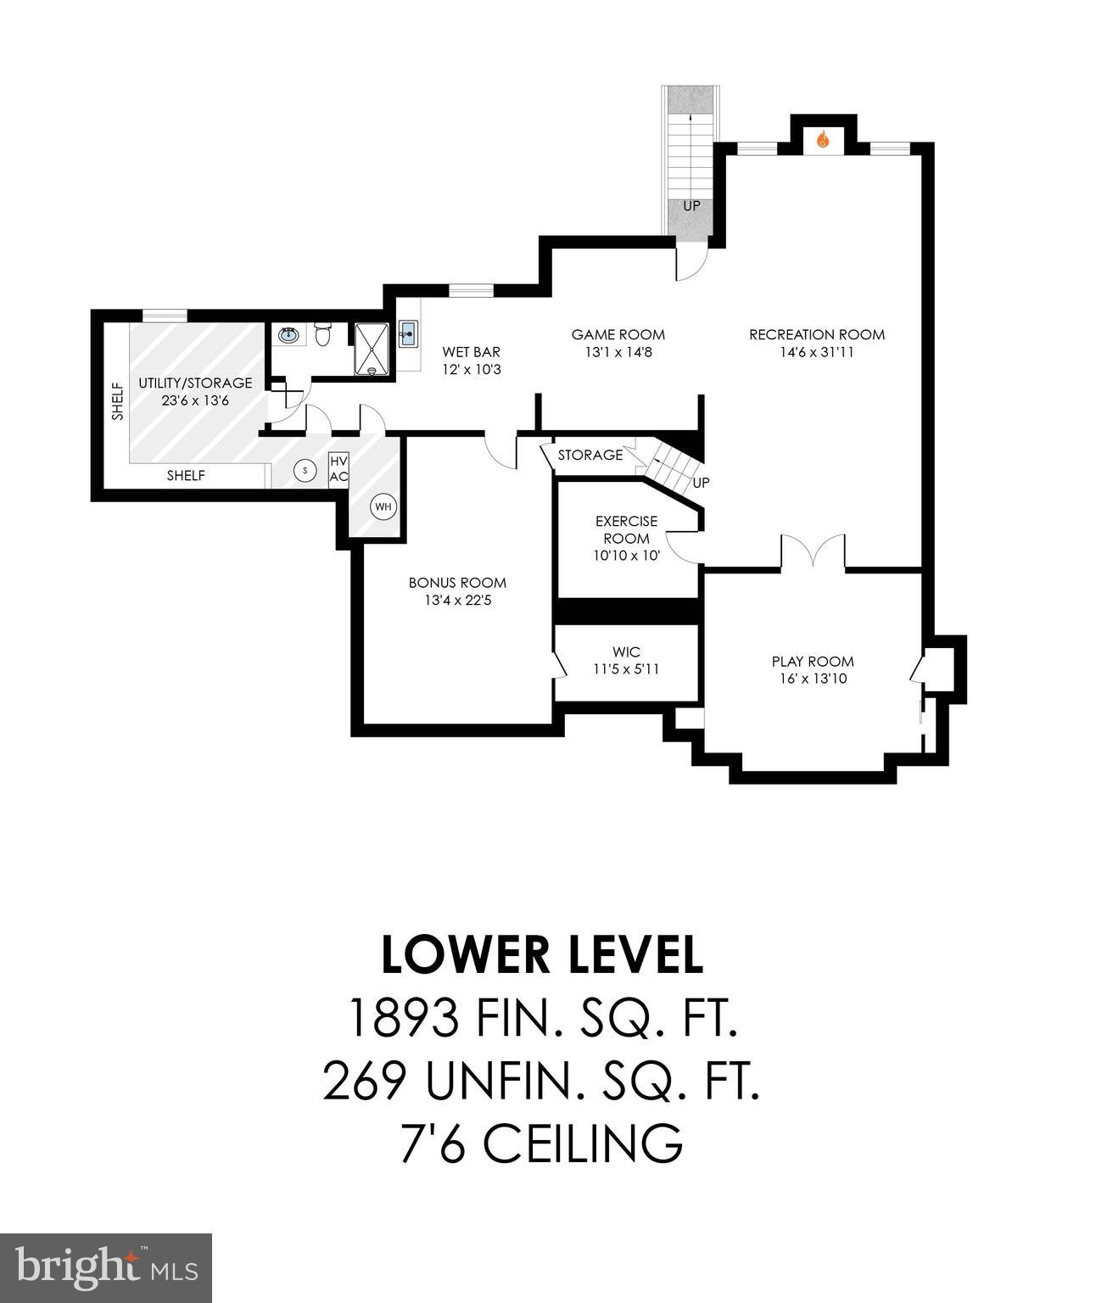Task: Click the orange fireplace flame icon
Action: [822, 140]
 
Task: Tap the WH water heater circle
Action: [383, 506]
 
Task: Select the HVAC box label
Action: [338, 468]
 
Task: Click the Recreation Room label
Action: [816, 335]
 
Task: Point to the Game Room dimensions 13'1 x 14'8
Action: [618, 352]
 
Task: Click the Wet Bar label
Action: [471, 352]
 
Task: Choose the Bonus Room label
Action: [457, 583]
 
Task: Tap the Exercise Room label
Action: [626, 529]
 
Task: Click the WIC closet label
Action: [626, 651]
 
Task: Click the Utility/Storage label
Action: [195, 383]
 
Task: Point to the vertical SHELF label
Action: [117, 401]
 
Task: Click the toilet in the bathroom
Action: [322, 335]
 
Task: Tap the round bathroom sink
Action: [288, 335]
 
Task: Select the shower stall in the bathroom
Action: [372, 349]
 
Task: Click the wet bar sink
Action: [407, 333]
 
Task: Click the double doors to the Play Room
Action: [813, 551]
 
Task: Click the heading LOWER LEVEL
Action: [542, 955]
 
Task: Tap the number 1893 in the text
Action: [405, 1018]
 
